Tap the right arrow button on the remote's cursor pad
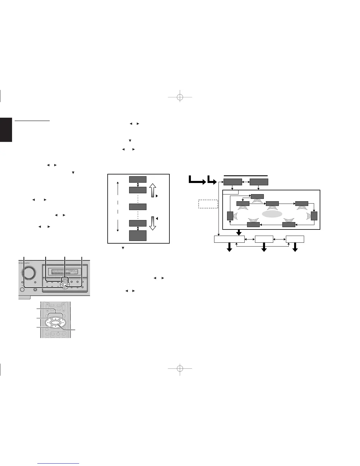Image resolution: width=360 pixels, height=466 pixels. coord(63,323)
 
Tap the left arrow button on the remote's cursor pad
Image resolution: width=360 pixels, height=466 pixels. coord(47,323)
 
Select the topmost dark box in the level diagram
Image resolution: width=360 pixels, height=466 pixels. coord(138,179)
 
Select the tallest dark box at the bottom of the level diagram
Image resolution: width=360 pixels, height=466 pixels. coord(138,236)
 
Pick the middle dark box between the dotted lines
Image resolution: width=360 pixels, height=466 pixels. coord(138,207)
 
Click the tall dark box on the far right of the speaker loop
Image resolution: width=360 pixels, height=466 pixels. coord(314,216)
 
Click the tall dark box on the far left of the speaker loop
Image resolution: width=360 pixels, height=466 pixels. coord(230,216)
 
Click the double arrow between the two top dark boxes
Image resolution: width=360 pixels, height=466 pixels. coord(246,182)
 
